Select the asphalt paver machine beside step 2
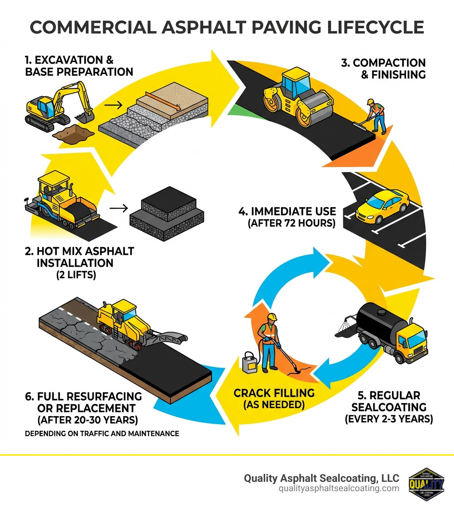tap(62, 200)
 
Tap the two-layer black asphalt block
tap(166, 213)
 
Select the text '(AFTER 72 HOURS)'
tap(291, 223)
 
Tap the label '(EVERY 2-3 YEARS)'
tap(389, 418)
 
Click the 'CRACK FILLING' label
tap(274, 393)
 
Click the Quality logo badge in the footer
tap(426, 484)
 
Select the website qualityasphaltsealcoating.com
tap(339, 488)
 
